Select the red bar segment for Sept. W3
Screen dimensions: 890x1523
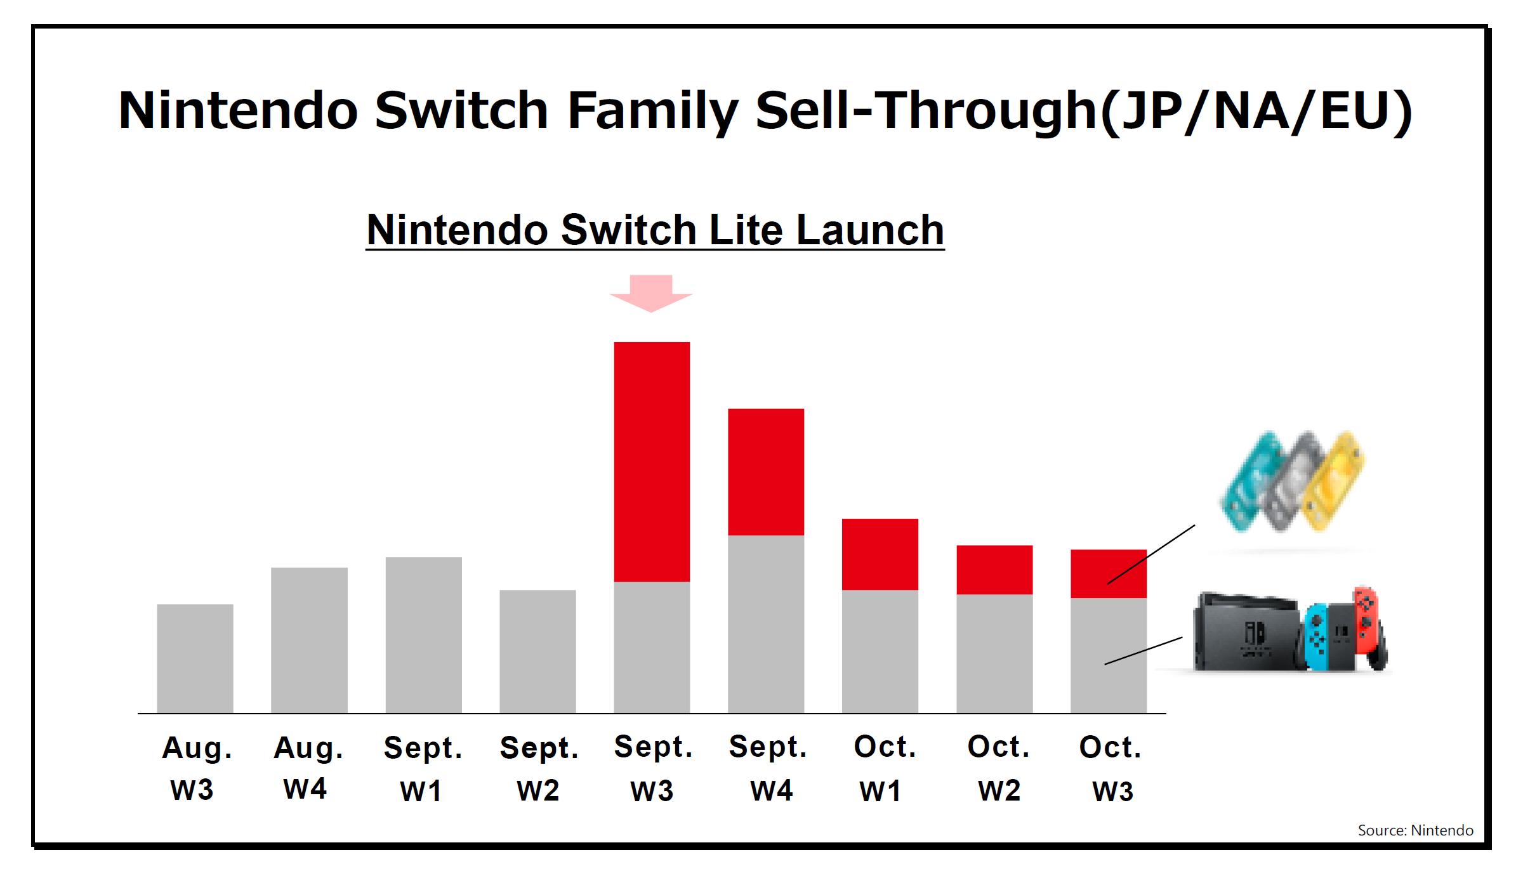[x=652, y=461]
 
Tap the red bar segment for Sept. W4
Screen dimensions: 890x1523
[x=766, y=472]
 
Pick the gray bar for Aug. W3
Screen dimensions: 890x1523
[x=195, y=658]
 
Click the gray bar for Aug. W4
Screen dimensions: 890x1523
[x=309, y=640]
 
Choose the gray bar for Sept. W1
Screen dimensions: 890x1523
[x=423, y=635]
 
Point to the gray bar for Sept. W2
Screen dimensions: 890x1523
[x=537, y=651]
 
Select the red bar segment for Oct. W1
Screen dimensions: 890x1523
[x=880, y=554]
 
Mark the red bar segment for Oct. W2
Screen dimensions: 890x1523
[x=994, y=570]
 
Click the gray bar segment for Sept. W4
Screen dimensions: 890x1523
[x=766, y=624]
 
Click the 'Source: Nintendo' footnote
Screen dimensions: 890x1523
[x=1415, y=830]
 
